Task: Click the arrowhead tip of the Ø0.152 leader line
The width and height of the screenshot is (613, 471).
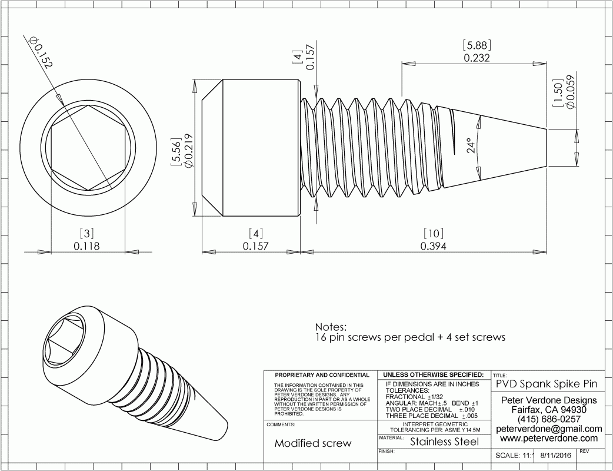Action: [64, 105]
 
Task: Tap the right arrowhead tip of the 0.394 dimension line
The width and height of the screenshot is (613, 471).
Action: [547, 253]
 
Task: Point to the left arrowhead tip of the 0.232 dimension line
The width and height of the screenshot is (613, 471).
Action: [402, 64]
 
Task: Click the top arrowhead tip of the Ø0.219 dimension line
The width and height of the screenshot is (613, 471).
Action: [194, 79]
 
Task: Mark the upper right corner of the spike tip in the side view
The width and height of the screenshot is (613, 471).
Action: [547, 129]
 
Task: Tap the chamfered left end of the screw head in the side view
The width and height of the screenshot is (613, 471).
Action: [212, 148]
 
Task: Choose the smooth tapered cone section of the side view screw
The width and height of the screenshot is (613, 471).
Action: [495, 147]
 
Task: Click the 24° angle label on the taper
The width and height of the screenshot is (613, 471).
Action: [472, 146]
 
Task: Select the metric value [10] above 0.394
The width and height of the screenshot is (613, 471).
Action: [434, 234]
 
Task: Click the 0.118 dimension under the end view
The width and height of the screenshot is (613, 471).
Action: [87, 246]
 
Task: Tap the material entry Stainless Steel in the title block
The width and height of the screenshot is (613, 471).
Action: [445, 442]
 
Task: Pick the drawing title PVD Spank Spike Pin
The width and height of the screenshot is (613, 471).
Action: [547, 384]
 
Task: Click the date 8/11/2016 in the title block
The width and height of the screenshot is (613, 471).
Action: [555, 455]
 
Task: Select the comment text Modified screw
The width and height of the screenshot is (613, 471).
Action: [313, 443]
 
